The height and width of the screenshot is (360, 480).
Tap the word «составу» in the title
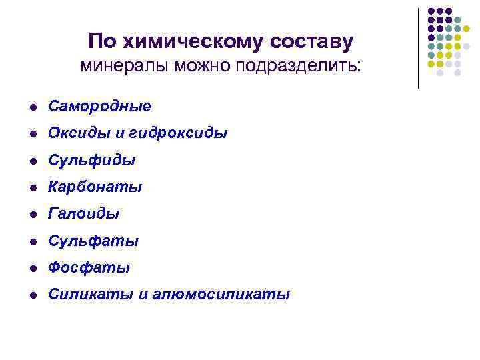pyautogui.click(x=311, y=42)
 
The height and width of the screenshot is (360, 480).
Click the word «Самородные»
pyautogui.click(x=99, y=107)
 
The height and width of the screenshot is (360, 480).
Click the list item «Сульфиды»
pyautogui.click(x=92, y=161)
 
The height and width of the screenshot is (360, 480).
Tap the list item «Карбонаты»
pyautogui.click(x=95, y=187)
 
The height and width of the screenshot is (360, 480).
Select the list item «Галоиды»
pyautogui.click(x=84, y=214)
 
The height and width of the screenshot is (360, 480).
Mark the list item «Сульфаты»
pyautogui.click(x=93, y=241)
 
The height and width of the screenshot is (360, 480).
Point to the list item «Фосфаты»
pyautogui.click(x=89, y=268)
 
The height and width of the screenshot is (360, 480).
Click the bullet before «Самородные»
pyautogui.click(x=32, y=107)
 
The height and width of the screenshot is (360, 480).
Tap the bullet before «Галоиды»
pyautogui.click(x=32, y=214)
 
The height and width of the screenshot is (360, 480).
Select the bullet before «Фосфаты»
pyautogui.click(x=32, y=268)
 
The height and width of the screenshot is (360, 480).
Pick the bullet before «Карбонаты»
pyautogui.click(x=32, y=187)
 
